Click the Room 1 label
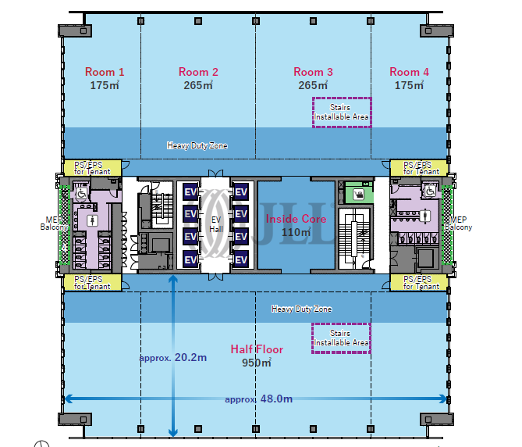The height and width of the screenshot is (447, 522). point(105,72)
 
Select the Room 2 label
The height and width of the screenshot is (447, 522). point(198,72)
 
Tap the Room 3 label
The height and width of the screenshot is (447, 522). point(313,72)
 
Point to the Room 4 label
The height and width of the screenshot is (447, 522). point(409,72)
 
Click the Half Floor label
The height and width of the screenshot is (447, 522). point(257,349)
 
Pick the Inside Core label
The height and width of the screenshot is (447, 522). point(296,219)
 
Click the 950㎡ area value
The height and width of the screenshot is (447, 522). point(257,363)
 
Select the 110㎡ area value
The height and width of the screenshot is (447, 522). point(296,232)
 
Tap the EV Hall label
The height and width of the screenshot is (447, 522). point(216,224)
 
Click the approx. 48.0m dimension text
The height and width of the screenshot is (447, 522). point(259,399)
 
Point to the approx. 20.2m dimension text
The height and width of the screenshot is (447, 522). point(173,358)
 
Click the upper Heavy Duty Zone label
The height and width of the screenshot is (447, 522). point(197,145)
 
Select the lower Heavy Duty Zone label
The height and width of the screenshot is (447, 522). point(301,309)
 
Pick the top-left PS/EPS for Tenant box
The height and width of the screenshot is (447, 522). point(92,168)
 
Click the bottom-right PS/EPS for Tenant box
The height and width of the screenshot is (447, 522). point(418,282)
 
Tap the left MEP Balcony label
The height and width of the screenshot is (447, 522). point(54,223)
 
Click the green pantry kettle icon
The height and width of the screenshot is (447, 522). point(359,195)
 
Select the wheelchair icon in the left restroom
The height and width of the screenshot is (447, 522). point(82,193)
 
